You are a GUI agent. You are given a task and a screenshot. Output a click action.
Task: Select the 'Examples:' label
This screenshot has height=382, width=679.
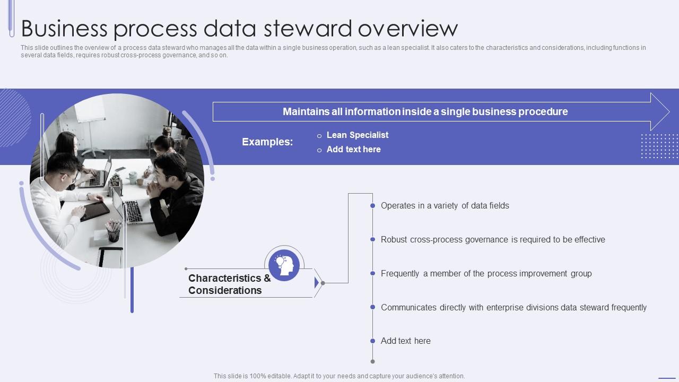[x=267, y=142]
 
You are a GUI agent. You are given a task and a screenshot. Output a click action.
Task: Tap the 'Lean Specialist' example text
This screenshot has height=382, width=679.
[x=358, y=135]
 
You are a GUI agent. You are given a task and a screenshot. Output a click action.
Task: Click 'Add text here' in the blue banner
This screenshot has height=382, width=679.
[x=353, y=150]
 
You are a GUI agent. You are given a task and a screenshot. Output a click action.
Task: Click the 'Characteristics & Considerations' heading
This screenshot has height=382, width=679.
[x=229, y=284]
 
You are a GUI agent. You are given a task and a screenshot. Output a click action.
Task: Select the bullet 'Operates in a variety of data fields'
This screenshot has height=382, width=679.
[x=445, y=206]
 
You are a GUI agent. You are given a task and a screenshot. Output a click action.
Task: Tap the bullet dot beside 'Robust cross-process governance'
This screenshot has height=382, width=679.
[x=373, y=240]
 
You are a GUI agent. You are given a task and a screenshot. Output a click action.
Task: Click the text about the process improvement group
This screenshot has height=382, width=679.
[x=486, y=274]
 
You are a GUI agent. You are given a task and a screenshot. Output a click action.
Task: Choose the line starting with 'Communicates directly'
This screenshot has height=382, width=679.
[x=513, y=308]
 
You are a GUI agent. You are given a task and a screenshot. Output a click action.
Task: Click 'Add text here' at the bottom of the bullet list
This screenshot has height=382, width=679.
[x=405, y=341]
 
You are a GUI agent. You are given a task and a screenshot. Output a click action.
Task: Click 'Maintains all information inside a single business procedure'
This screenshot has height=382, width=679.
[x=425, y=112]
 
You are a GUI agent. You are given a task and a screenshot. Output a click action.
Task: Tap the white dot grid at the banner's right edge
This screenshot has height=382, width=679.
[x=659, y=146]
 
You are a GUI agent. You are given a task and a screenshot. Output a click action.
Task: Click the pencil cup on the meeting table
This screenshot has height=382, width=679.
[x=113, y=231]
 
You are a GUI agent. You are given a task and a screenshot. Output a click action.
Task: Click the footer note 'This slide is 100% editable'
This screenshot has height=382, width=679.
[x=339, y=376]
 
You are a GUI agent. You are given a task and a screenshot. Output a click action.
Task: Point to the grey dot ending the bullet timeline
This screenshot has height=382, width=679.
[x=373, y=362]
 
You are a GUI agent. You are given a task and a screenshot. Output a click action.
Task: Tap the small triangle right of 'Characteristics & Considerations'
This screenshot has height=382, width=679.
[x=317, y=283]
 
